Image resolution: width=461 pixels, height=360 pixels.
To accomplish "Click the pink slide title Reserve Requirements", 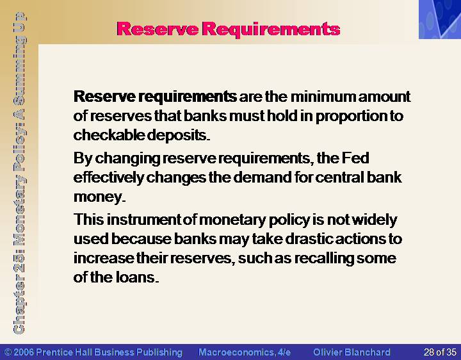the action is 228,29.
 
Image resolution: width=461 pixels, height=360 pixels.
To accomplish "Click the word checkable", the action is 109,135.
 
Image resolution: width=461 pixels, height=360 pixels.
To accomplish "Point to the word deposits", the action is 178,136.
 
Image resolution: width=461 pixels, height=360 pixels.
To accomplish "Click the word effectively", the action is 109,177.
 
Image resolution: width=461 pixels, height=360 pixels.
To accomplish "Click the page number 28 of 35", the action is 440,352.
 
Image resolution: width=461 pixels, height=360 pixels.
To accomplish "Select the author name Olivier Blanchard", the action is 352,352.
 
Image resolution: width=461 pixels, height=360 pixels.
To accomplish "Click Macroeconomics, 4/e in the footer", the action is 245,352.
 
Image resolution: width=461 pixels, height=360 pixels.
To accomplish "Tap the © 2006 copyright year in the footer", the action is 19,352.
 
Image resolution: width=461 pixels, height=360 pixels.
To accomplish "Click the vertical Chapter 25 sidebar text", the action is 19,173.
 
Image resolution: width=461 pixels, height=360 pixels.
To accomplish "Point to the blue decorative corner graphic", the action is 440,19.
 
